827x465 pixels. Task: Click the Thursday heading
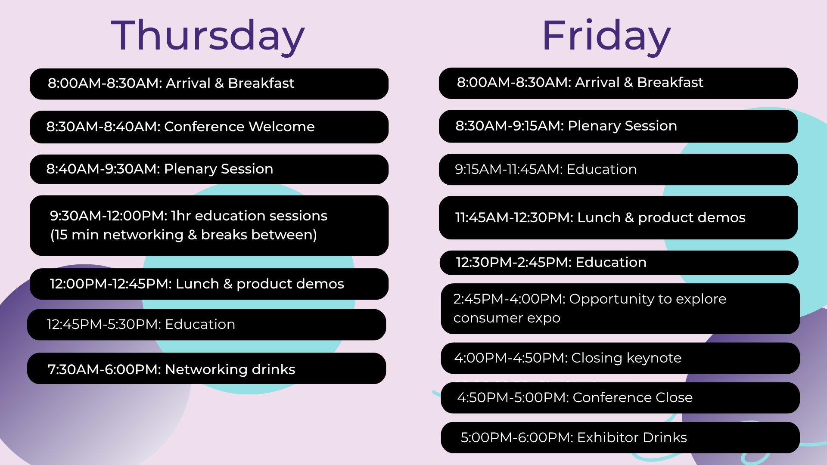[208, 36]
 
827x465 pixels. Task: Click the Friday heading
[606, 36]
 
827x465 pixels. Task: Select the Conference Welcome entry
[209, 127]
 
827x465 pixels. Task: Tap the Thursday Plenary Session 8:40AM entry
[209, 169]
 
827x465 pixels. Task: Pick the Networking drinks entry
[206, 369]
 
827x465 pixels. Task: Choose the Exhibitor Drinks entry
[620, 437]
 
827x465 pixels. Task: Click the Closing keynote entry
[620, 358]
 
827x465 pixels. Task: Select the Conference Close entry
[620, 398]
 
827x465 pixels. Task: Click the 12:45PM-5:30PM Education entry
[206, 325]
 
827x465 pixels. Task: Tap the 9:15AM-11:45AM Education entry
[618, 170]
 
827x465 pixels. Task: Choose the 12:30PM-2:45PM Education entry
[619, 263]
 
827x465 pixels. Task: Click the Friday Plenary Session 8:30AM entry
[618, 126]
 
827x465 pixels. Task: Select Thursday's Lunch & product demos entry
[209, 284]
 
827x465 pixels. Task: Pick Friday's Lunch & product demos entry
[618, 218]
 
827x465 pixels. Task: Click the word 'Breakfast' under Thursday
[261, 83]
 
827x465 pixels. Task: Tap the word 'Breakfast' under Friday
[670, 82]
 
